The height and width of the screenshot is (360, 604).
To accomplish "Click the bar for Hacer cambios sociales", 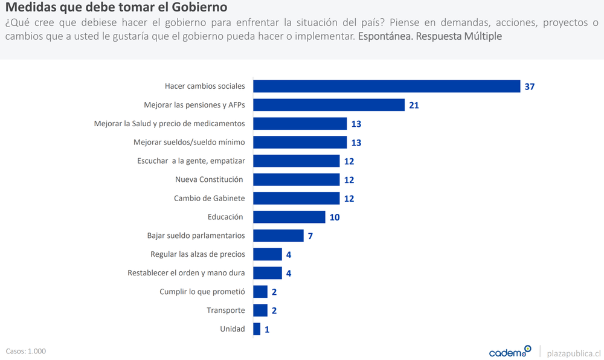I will [387, 86].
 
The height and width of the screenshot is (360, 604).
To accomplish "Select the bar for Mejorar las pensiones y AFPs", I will [329, 105].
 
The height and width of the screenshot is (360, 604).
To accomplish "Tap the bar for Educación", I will [289, 217].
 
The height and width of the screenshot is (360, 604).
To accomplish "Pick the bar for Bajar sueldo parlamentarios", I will [278, 236].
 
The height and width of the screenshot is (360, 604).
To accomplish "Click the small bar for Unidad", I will [257, 329].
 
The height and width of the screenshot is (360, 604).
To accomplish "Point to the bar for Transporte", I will [260, 310].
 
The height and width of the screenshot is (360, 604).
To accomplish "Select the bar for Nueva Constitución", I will [296, 179].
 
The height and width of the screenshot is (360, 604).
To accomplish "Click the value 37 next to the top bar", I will [530, 87].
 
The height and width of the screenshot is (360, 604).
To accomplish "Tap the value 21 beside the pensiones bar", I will [414, 106].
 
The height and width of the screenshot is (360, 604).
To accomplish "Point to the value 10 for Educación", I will [335, 217].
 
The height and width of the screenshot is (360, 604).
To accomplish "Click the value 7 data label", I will [310, 236].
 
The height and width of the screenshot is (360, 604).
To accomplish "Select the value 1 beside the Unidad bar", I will [266, 330].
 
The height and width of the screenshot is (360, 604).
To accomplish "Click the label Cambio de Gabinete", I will [209, 198].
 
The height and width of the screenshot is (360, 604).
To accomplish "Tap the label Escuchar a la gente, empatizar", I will [191, 161].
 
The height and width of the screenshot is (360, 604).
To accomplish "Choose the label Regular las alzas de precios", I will [198, 254].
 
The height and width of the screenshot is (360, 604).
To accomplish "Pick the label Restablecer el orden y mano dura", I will [186, 273].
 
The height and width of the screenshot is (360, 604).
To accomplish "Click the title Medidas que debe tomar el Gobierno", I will [117, 8].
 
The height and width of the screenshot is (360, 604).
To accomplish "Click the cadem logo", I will [509, 352].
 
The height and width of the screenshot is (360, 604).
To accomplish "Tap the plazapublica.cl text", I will [573, 353].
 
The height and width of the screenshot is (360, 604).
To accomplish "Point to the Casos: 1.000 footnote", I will [26, 351].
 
